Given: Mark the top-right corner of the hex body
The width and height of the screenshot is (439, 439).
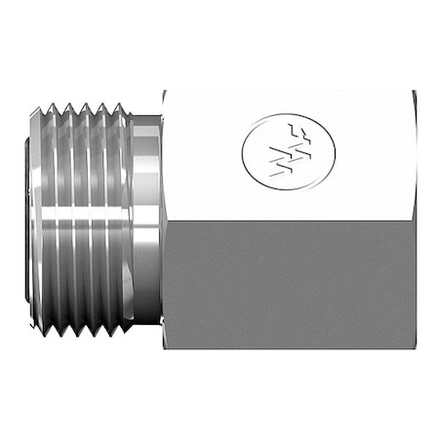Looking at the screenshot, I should [x=413, y=92].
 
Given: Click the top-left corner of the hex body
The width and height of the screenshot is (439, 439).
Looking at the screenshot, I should [x=164, y=92].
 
